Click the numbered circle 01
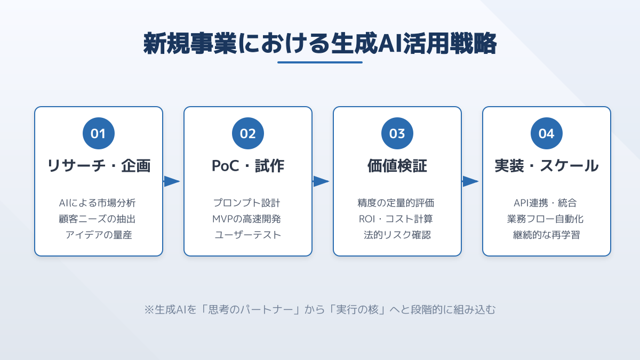tap(99, 133)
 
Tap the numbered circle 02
tap(248, 133)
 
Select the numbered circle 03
tap(397, 133)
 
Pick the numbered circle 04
tap(547, 133)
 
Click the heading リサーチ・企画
tap(99, 166)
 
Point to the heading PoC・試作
tap(248, 166)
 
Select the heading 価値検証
tap(397, 166)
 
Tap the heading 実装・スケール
tap(547, 166)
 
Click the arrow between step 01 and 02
tap(172, 181)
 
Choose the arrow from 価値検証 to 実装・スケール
tap(470, 181)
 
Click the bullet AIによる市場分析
tap(98, 203)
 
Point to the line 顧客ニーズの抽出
tap(98, 219)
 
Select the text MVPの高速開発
tap(248, 219)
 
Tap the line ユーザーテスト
tap(248, 235)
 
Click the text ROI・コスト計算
tap(397, 219)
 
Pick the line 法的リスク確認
tap(397, 235)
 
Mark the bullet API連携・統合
tap(547, 203)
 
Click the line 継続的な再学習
tap(547, 235)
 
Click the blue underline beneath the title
tap(320, 62)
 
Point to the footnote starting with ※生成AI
tap(320, 309)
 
